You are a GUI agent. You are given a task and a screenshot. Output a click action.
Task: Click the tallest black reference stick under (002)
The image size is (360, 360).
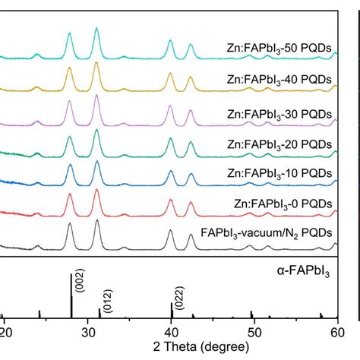click(71, 296)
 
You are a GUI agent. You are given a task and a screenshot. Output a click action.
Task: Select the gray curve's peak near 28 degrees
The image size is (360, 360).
click(70, 224)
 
